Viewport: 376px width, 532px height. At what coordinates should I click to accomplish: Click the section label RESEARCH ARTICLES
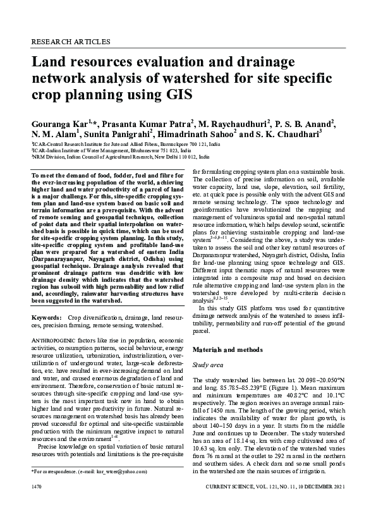[x=70, y=42]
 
